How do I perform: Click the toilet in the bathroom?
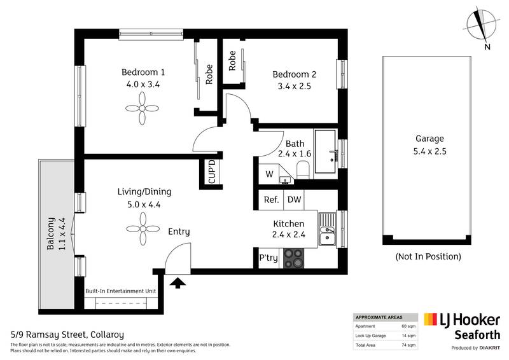303,169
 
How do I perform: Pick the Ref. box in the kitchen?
272,200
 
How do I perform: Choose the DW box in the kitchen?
294,200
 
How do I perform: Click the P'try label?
267,259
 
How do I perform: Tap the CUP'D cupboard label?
213,172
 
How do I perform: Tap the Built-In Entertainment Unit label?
120,291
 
